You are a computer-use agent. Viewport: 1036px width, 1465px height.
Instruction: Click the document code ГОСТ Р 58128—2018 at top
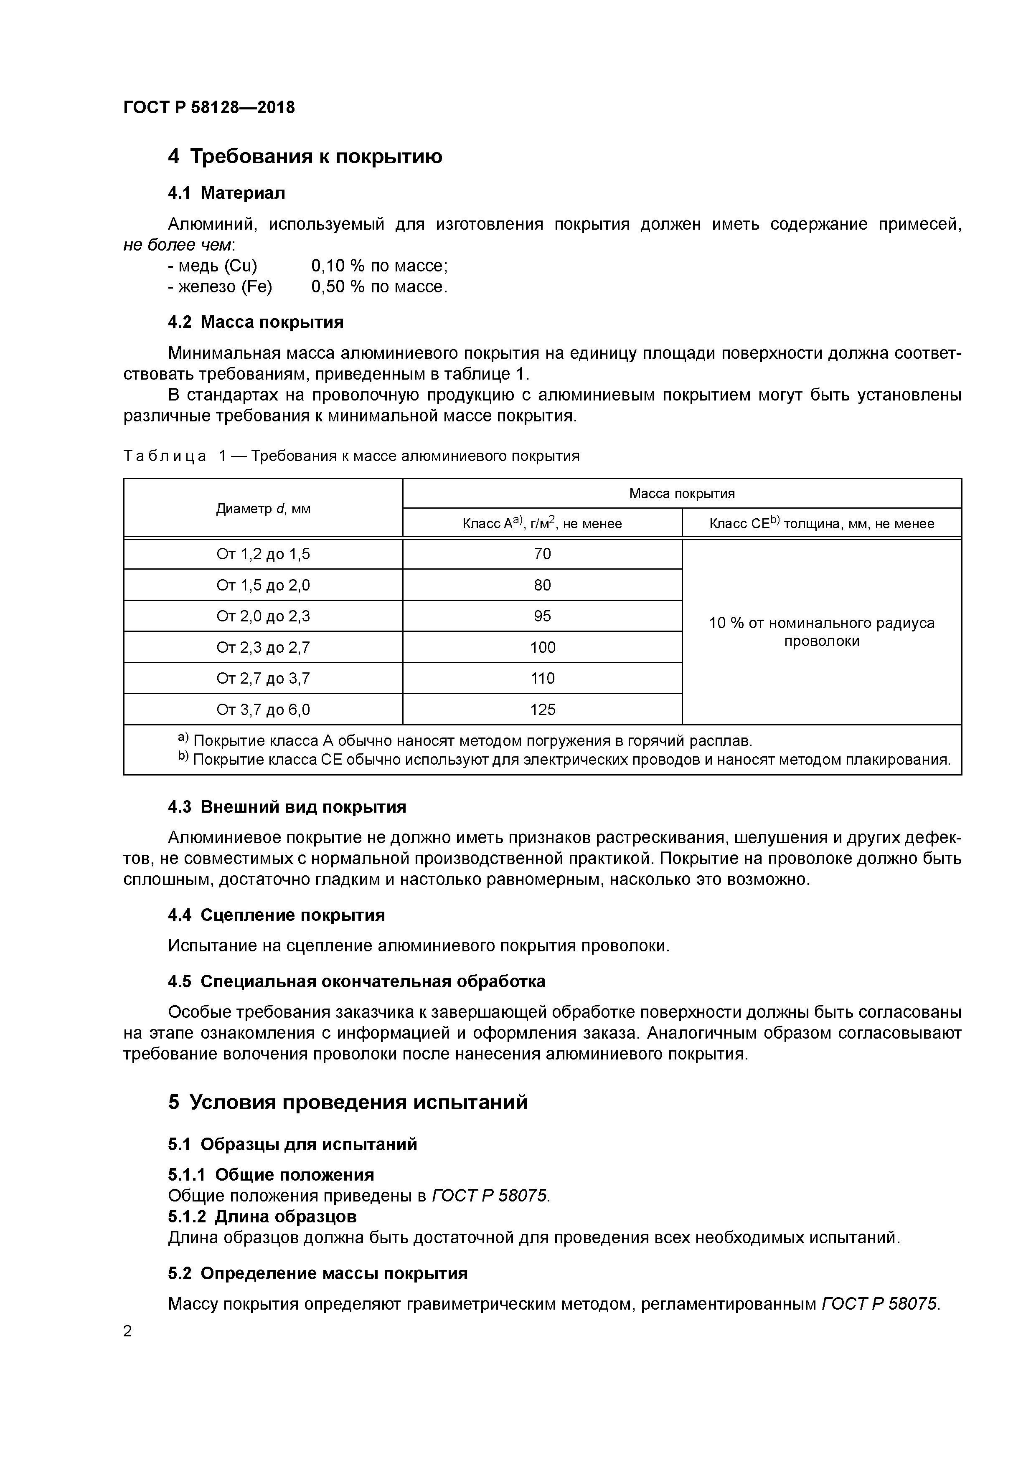209,107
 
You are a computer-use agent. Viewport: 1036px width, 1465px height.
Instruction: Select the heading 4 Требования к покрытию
305,156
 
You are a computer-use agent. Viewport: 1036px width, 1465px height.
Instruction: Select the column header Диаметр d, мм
263,509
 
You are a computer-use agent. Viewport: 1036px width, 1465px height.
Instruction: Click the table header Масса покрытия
682,493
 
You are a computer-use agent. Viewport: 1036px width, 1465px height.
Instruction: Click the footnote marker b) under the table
183,758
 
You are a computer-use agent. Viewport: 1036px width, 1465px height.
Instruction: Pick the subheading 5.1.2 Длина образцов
262,1216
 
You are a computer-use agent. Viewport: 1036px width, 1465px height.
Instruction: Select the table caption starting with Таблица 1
351,456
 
